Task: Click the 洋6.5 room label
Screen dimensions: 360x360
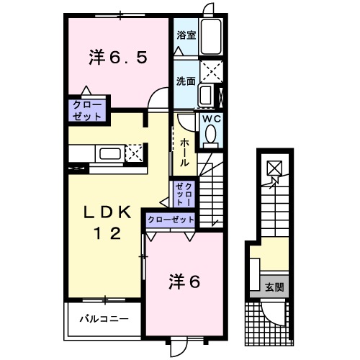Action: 119,58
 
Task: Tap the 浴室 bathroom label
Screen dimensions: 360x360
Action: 186,34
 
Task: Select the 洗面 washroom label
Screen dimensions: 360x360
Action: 186,81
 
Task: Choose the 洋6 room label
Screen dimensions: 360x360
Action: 184,279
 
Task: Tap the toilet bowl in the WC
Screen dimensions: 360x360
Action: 211,134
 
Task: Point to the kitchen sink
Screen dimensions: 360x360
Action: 110,153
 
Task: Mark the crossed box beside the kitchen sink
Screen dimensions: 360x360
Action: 134,153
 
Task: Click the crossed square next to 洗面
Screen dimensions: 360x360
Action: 212,72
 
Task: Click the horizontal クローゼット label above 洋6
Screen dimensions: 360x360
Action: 171,220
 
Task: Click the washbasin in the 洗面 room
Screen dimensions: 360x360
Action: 206,94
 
